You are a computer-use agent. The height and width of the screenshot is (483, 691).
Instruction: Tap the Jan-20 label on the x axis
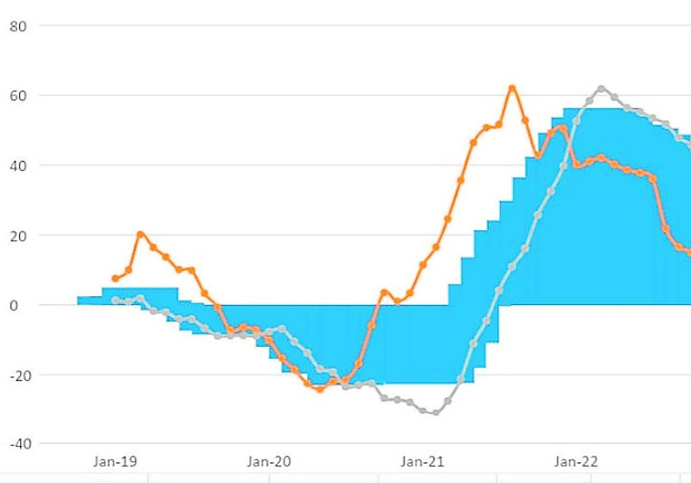pyautogui.click(x=266, y=461)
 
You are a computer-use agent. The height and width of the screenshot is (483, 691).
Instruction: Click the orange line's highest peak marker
pyautogui.click(x=512, y=89)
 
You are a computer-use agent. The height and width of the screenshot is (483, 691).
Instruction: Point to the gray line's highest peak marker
pyautogui.click(x=601, y=89)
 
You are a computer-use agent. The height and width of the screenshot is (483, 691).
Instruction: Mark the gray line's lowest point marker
pyautogui.click(x=435, y=412)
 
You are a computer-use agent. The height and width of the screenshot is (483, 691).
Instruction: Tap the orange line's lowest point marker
pyautogui.click(x=320, y=389)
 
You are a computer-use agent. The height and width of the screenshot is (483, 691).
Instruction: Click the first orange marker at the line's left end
pyautogui.click(x=115, y=278)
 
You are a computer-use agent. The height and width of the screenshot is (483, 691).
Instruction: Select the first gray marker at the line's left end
pyautogui.click(x=115, y=300)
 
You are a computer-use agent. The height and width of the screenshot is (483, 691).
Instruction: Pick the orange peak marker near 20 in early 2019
pyautogui.click(x=141, y=234)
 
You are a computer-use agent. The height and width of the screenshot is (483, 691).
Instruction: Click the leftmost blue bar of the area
pyautogui.click(x=90, y=300)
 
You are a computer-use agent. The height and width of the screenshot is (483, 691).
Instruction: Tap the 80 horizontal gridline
pyautogui.click(x=345, y=25)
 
